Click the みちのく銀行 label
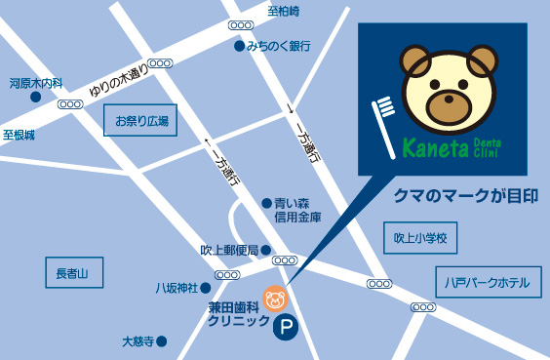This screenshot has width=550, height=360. click(x=279, y=46)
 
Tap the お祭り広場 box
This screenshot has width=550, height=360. click(x=141, y=122)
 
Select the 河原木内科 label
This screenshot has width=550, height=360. click(x=36, y=83)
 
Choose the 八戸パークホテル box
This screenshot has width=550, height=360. click(x=486, y=283)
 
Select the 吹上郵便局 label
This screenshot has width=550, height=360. click(x=229, y=251)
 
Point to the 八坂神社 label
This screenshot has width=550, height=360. click(x=177, y=288)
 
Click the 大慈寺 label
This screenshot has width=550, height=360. click(x=137, y=341)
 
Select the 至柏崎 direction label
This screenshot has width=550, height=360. click(x=284, y=11)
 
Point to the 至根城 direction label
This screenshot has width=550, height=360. click(x=19, y=134)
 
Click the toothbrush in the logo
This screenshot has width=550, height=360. click(x=385, y=122)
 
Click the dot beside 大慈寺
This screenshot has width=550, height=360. click(x=162, y=341)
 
